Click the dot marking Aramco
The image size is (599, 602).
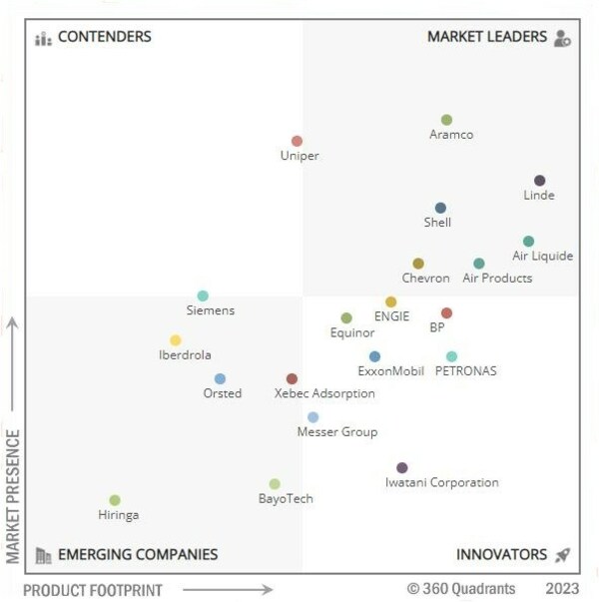click(x=446, y=120)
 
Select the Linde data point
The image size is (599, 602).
click(x=539, y=181)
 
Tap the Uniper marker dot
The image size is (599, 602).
click(x=297, y=141)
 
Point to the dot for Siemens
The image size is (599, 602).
click(x=203, y=296)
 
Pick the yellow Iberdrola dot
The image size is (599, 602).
click(x=176, y=340)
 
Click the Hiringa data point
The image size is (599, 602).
click(x=115, y=500)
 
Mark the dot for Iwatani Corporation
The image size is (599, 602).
click(x=402, y=467)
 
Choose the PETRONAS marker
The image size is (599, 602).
click(x=451, y=356)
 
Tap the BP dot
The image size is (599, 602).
click(x=446, y=312)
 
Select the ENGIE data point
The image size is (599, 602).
click(x=390, y=301)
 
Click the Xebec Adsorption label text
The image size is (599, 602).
click(x=324, y=393)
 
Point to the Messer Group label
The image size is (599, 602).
click(x=337, y=432)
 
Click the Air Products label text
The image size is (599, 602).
click(x=497, y=279)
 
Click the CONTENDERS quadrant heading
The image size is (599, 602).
click(x=104, y=37)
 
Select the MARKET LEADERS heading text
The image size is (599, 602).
click(x=487, y=37)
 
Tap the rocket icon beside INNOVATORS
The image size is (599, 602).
click(x=563, y=555)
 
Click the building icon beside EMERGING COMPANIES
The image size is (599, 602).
click(x=43, y=555)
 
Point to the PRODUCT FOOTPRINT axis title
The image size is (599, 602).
click(x=92, y=590)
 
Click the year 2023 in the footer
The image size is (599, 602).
click(x=562, y=589)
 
